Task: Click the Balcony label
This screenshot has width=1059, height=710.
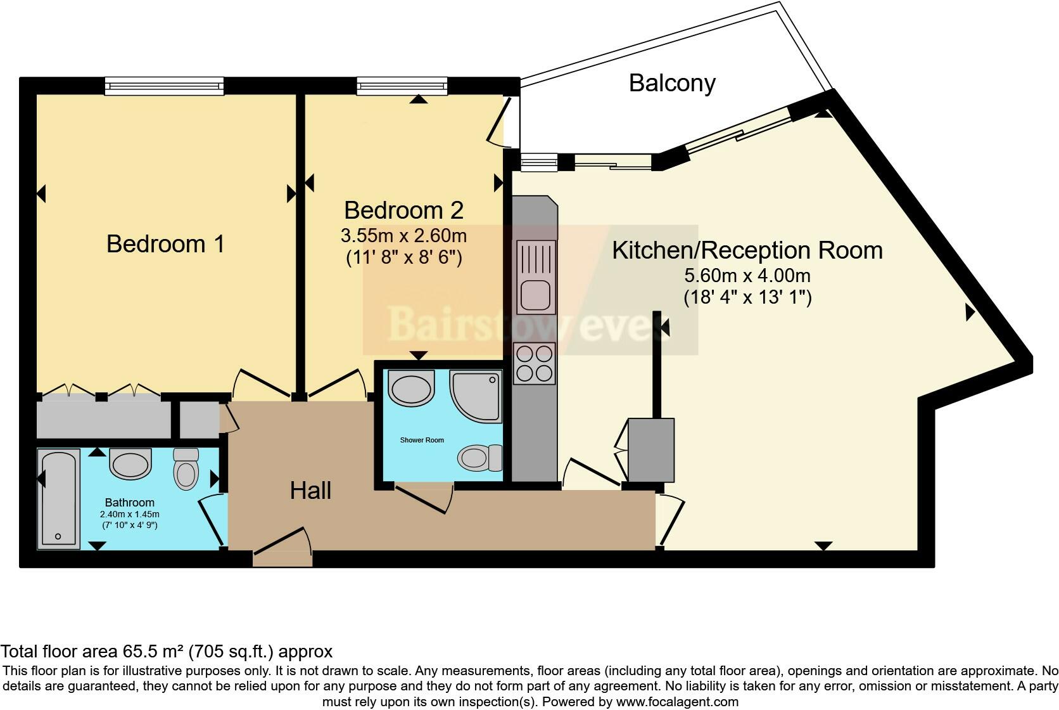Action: (672, 83)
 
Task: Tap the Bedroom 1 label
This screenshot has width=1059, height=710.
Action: (165, 244)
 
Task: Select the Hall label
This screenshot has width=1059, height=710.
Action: (310, 491)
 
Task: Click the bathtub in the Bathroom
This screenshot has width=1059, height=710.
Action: (58, 498)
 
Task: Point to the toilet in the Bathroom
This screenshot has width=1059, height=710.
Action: (186, 469)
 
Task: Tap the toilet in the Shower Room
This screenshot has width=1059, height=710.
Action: (479, 457)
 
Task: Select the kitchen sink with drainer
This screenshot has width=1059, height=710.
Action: (536, 276)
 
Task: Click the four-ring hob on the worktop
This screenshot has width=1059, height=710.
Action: (535, 363)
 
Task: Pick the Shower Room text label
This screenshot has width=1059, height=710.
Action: (422, 440)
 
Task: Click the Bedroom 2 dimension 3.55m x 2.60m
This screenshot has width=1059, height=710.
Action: (403, 236)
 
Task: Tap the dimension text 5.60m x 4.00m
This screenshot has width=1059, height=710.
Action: (747, 276)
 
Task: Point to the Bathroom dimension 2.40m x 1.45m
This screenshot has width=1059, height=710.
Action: (129, 514)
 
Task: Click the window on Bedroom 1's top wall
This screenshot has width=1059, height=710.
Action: (164, 86)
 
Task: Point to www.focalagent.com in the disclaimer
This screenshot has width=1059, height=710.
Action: (677, 702)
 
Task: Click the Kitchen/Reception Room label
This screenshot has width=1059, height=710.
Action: (747, 250)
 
